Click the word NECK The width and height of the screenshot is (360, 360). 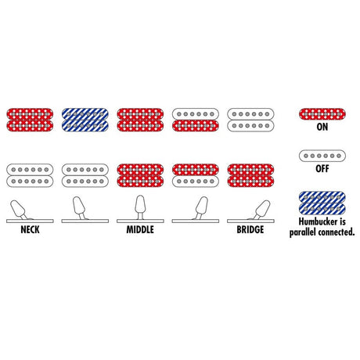[x=30, y=229]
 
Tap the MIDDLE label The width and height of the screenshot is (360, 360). [x=140, y=229]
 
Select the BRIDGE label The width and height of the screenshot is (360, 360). [x=250, y=229]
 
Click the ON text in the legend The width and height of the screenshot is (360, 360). [x=322, y=127]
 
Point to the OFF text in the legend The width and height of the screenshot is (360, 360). [x=322, y=168]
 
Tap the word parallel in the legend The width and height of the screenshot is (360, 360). [x=302, y=232]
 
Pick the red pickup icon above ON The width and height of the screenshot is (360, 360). [x=322, y=114]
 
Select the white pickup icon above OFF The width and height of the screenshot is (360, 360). [x=322, y=156]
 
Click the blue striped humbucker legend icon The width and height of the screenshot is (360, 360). [x=322, y=203]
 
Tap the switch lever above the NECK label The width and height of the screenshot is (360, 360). [x=18, y=209]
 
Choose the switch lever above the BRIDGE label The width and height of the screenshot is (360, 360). [x=261, y=209]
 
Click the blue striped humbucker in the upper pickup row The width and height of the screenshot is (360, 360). [x=85, y=120]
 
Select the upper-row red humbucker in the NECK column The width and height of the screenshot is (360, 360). [x=30, y=120]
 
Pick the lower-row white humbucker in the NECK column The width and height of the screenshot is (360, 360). [x=30, y=175]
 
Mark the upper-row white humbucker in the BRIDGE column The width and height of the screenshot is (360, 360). [x=250, y=120]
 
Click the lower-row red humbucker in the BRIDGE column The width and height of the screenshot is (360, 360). [x=250, y=175]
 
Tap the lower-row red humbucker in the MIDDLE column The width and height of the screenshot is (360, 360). [x=140, y=175]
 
